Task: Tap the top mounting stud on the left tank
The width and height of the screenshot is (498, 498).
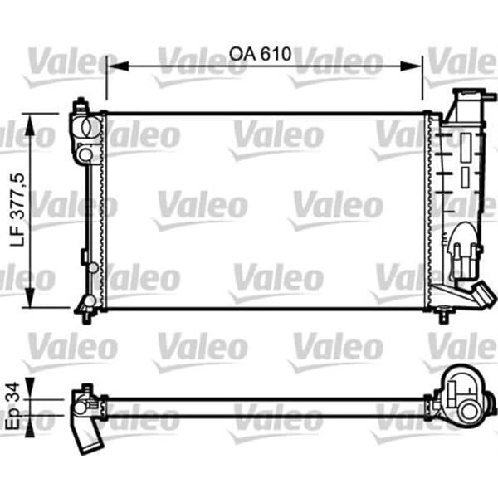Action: pos(81,105)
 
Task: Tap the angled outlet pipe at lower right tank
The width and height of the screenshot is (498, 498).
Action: pos(480,295)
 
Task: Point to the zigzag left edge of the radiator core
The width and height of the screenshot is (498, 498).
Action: pos(103,212)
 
